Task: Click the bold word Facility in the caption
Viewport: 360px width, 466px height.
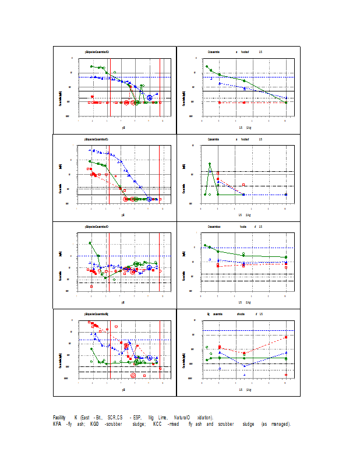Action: [59, 418]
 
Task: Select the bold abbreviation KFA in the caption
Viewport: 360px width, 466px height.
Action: [57, 423]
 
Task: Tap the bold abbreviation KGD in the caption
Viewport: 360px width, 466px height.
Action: [94, 423]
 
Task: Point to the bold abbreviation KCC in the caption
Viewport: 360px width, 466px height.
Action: [157, 423]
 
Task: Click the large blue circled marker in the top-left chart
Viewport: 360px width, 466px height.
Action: [149, 98]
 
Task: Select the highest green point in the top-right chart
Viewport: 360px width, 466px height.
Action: [207, 66]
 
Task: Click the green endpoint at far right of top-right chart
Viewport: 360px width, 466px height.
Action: [286, 102]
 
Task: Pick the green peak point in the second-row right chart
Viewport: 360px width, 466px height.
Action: [210, 164]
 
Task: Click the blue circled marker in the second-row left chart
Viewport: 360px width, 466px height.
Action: [149, 199]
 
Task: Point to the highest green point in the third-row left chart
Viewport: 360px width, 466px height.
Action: [90, 243]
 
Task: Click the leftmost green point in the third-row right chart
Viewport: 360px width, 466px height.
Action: [205, 245]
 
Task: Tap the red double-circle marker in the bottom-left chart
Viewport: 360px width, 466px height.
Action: [133, 376]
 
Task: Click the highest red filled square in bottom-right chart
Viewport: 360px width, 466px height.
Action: [286, 337]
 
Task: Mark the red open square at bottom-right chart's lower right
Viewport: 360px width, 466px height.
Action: [286, 375]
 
